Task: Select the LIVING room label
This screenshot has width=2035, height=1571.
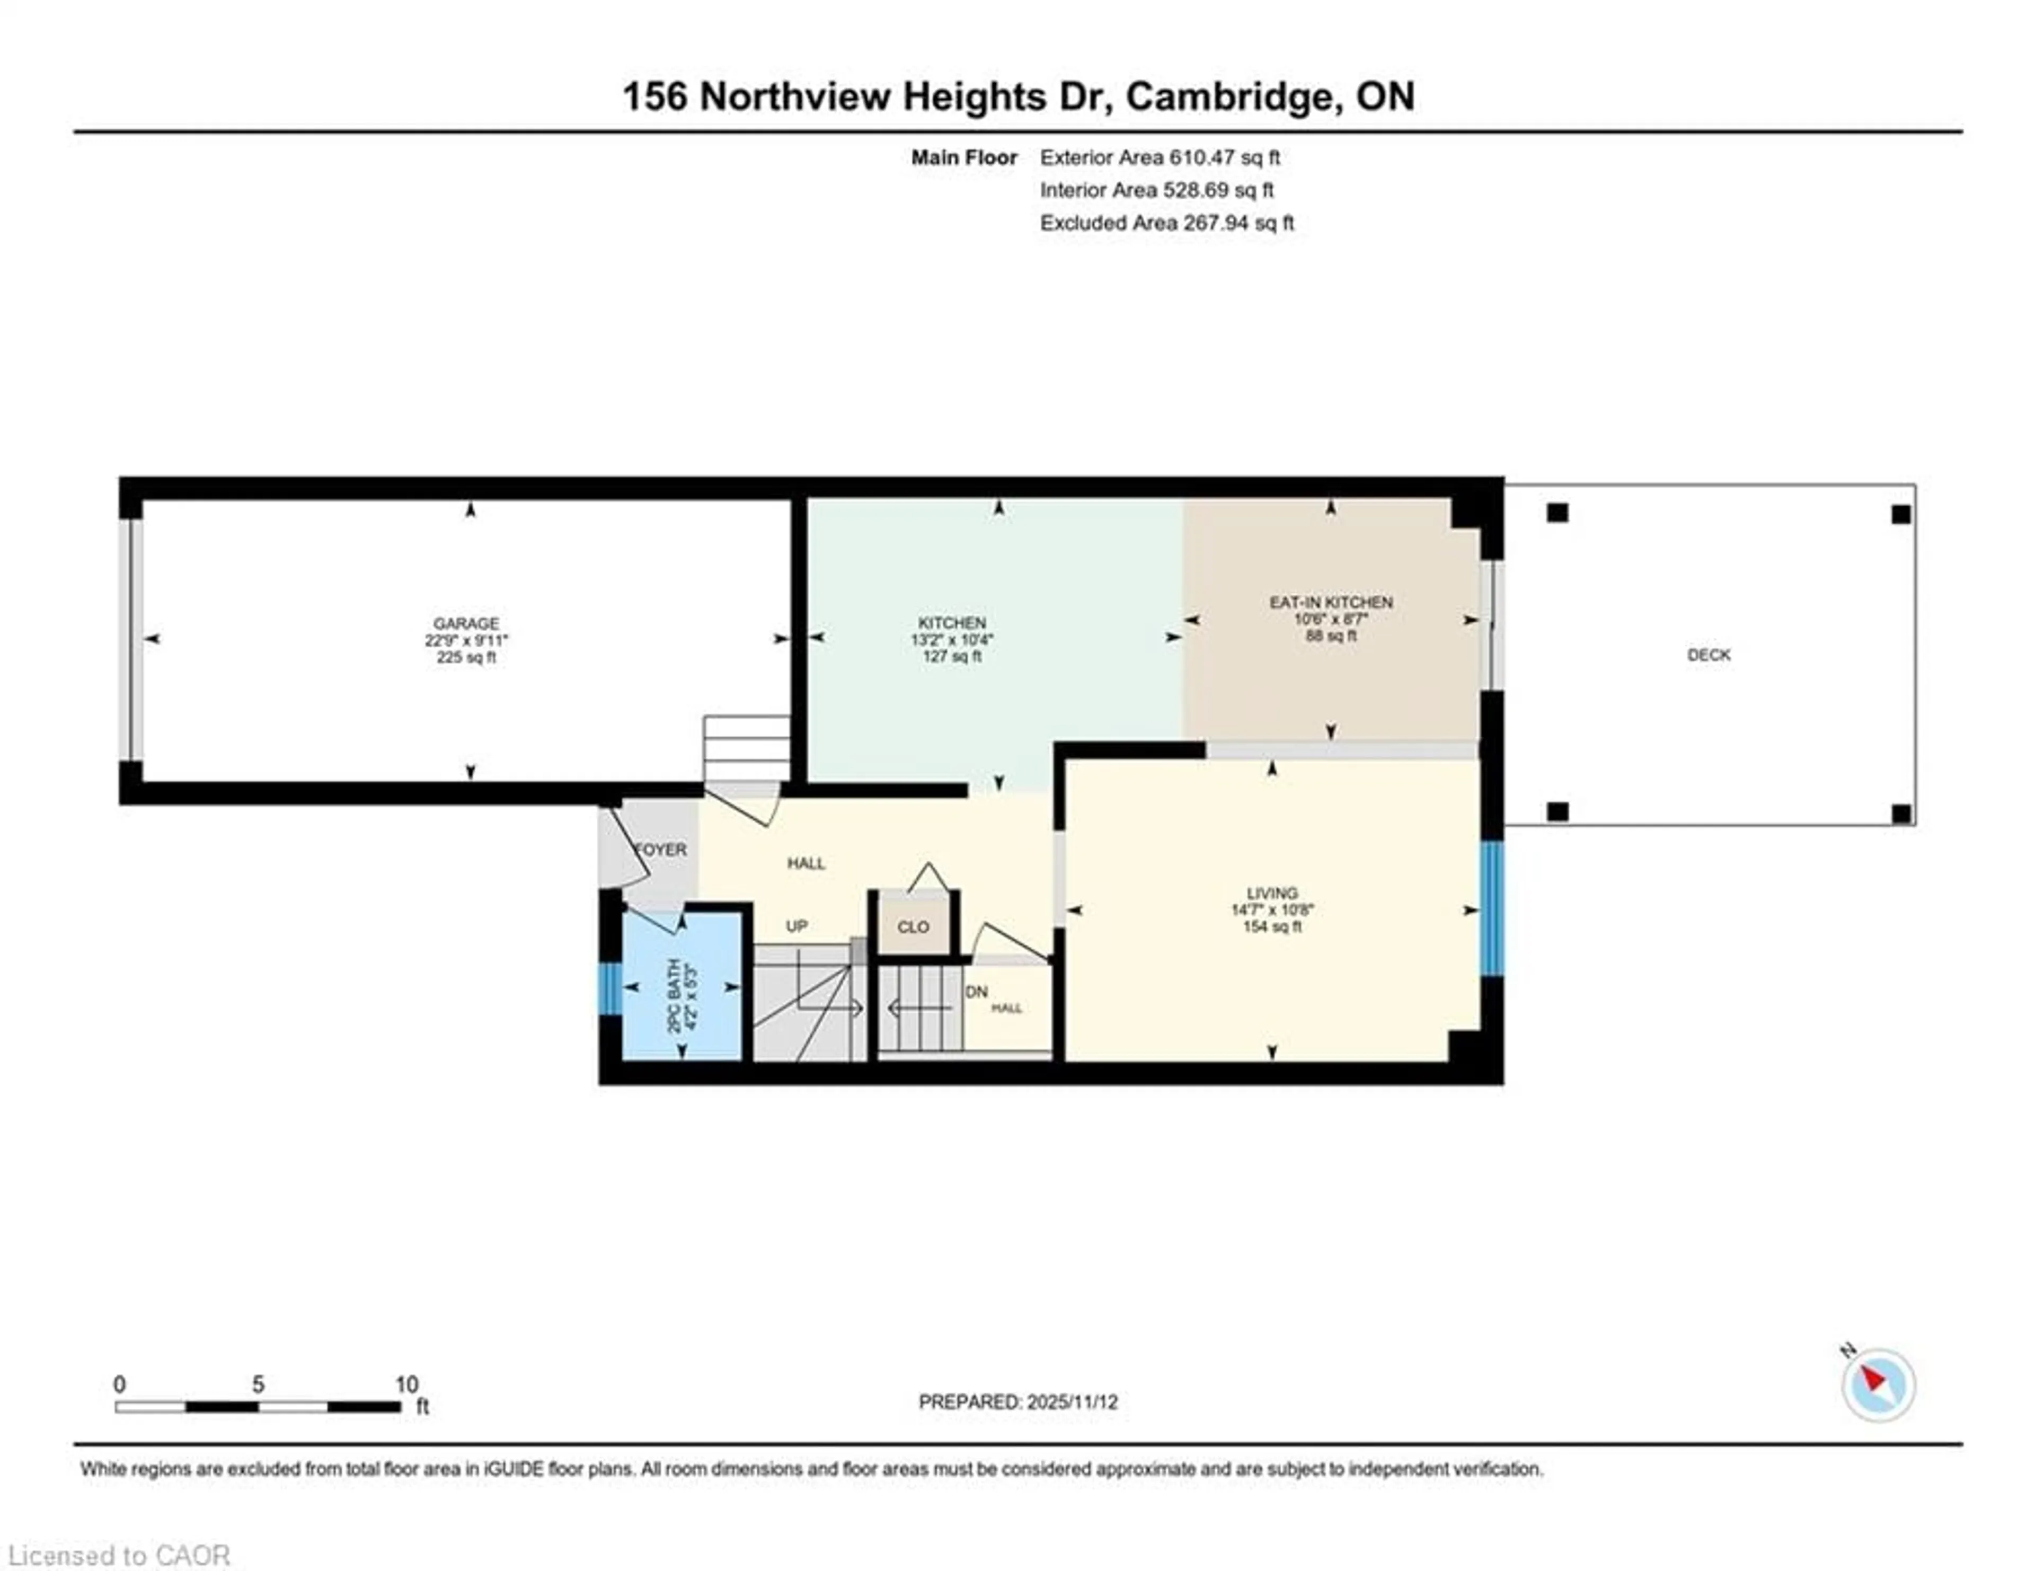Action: [x=1272, y=893]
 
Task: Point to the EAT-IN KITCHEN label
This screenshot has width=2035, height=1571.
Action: [x=1331, y=603]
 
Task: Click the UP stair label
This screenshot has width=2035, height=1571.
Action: [x=797, y=926]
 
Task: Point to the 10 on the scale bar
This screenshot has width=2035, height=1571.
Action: [x=406, y=1384]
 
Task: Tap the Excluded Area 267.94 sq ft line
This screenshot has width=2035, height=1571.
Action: [x=1166, y=223]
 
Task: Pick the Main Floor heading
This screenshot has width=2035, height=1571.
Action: [x=963, y=157]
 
